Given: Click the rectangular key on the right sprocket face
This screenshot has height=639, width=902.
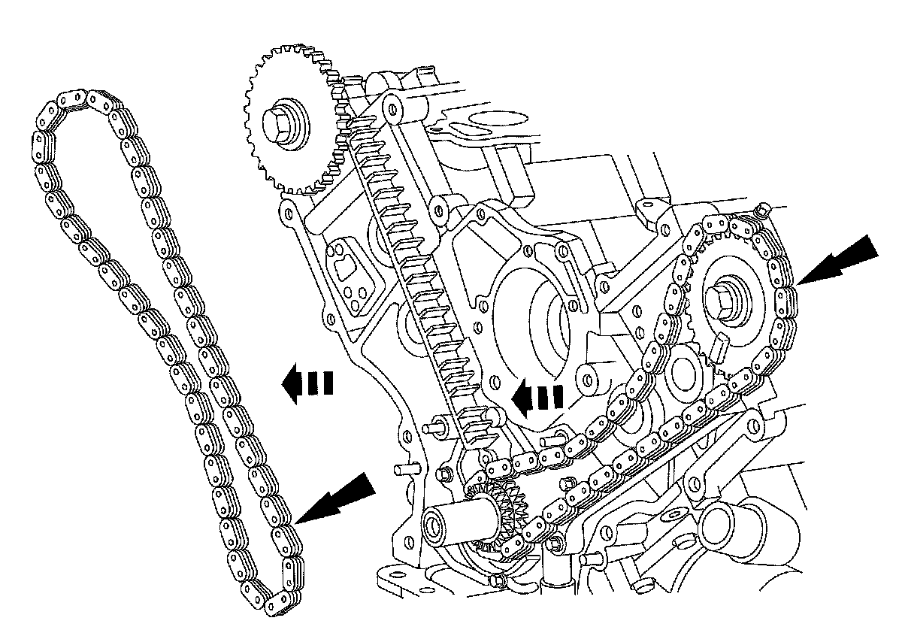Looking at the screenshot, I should pos(717,347).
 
